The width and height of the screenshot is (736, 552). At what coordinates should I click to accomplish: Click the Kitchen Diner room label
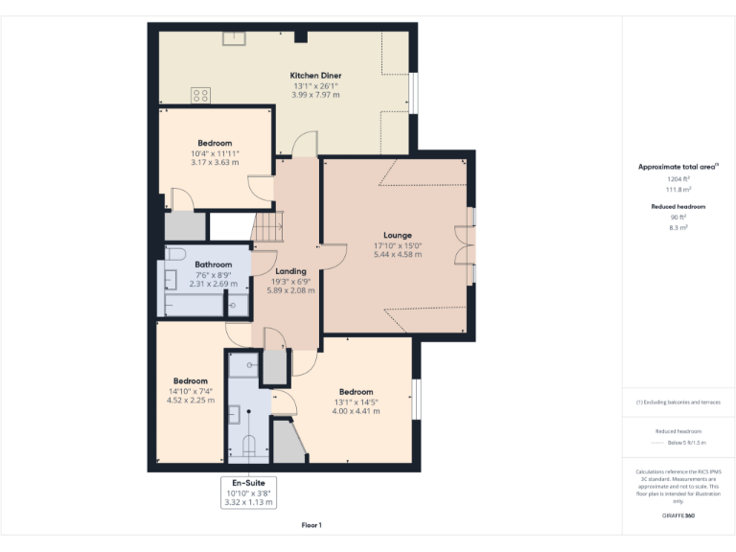click(x=315, y=76)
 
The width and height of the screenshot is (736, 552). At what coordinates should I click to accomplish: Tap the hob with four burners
click(x=201, y=95)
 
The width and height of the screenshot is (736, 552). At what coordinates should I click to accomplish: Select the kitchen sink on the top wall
click(x=235, y=38)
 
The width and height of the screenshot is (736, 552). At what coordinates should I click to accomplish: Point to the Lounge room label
click(x=398, y=235)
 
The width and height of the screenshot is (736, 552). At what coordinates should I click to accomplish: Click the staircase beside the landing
click(x=267, y=228)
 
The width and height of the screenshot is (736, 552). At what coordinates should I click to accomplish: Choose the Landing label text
click(x=290, y=271)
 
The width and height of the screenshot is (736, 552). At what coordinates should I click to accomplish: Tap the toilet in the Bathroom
click(x=173, y=254)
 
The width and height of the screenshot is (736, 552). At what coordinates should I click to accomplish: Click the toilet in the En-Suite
click(x=250, y=445)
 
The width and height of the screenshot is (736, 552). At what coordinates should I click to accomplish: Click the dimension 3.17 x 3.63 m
click(x=215, y=163)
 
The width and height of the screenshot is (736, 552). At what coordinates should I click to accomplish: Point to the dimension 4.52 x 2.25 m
click(x=190, y=401)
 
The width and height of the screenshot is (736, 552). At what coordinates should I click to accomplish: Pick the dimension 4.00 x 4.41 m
click(x=356, y=411)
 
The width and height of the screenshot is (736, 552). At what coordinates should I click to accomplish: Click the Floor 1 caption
click(x=311, y=525)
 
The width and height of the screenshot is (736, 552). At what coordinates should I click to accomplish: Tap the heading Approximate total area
click(x=678, y=167)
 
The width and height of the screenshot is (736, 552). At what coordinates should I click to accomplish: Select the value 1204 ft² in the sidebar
click(x=678, y=179)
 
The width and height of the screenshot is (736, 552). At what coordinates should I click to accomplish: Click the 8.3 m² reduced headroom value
click(x=678, y=227)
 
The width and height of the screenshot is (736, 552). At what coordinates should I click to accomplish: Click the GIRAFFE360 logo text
click(x=678, y=516)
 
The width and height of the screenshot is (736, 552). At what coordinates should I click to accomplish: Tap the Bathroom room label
click(x=213, y=264)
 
